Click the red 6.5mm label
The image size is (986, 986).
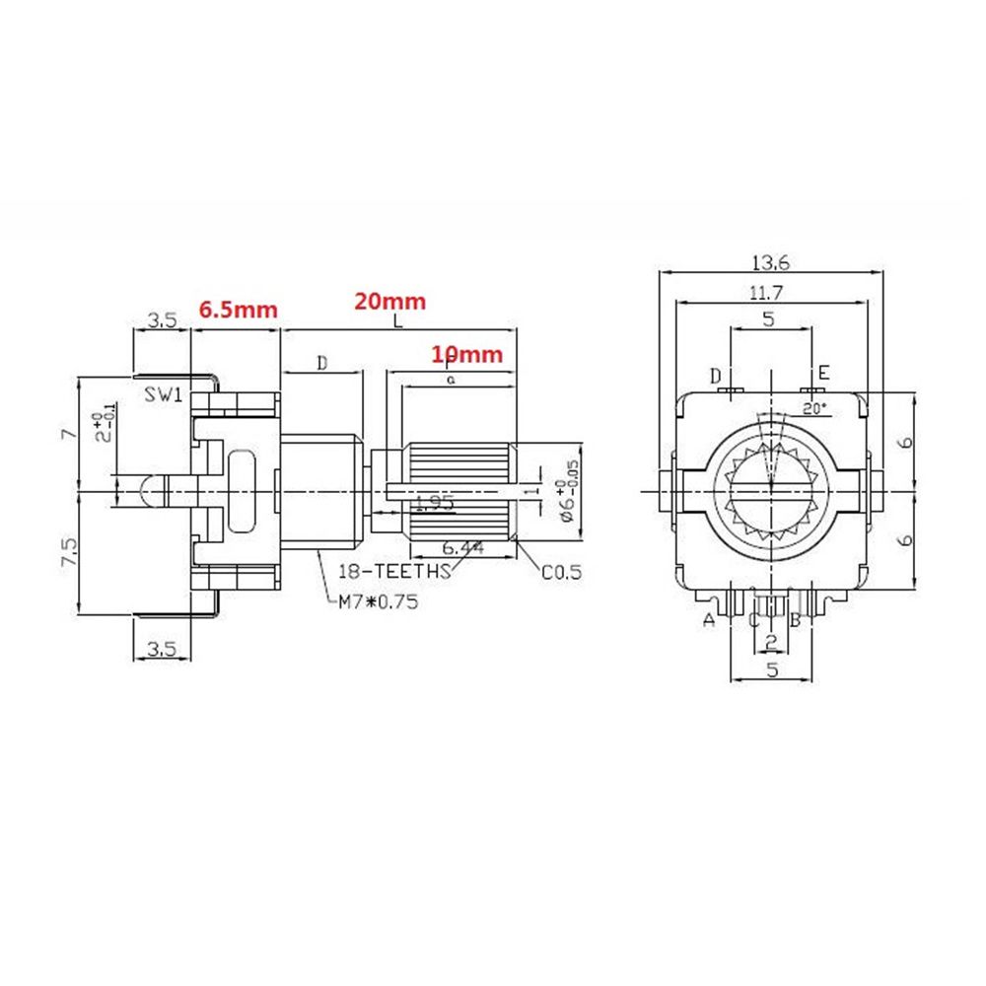pos(238,309)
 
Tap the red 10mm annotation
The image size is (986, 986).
pos(466,354)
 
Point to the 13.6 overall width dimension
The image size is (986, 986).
pos(772,262)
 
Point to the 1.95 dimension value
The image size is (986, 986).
pos(434,503)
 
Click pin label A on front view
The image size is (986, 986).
pos(707,620)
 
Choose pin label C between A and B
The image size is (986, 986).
pos(752,620)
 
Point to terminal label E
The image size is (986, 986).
pos(823,373)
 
